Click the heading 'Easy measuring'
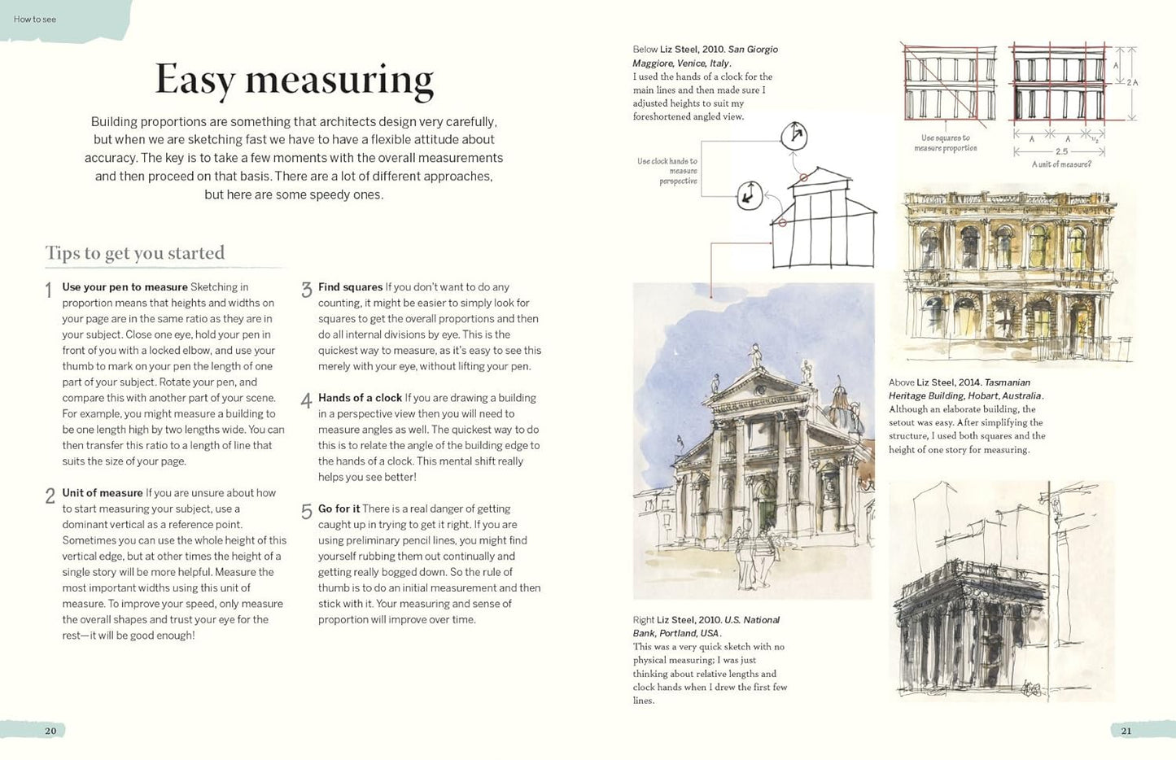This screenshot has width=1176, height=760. (294, 80)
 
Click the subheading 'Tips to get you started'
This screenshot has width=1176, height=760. (135, 253)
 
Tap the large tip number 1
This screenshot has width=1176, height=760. (49, 290)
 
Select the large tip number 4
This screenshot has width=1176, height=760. (306, 400)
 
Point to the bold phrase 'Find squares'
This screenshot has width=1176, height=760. (350, 287)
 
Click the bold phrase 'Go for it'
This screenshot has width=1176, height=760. (339, 509)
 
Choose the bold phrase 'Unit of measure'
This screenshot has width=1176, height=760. (103, 493)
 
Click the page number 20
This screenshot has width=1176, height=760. (50, 731)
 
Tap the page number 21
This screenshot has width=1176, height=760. (1126, 731)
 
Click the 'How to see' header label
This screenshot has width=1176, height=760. (35, 20)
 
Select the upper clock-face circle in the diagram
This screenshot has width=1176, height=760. (793, 135)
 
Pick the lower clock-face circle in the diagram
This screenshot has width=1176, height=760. (749, 195)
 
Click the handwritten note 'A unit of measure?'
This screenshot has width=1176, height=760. (1061, 164)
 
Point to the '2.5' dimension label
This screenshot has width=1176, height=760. (1061, 151)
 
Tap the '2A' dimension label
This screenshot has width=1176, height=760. (1131, 82)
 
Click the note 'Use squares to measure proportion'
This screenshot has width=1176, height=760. (945, 143)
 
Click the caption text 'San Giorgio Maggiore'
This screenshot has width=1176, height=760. (706, 56)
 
